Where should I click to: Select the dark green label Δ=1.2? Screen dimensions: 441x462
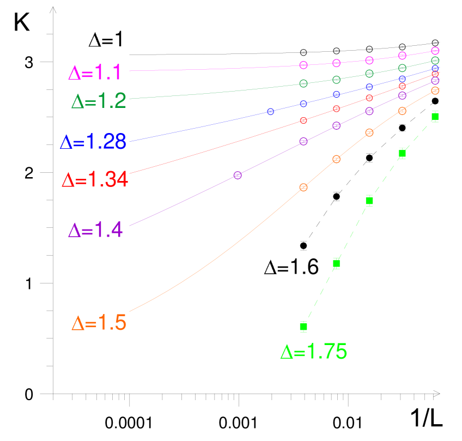click(x=99, y=101)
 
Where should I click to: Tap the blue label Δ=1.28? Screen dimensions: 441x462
click(x=93, y=142)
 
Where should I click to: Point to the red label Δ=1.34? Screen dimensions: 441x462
click(x=95, y=180)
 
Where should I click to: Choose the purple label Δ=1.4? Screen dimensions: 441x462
click(x=96, y=230)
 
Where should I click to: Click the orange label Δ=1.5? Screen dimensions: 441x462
click(x=99, y=324)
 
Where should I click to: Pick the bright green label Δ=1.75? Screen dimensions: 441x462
click(x=314, y=352)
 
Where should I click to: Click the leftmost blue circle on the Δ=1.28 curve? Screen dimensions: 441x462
click(x=271, y=112)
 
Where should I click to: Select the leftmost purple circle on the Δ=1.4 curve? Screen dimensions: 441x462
click(x=238, y=175)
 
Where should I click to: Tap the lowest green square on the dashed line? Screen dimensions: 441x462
click(x=303, y=327)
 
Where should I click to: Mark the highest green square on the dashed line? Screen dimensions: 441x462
click(x=435, y=116)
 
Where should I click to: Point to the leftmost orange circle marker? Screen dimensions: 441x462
click(x=303, y=188)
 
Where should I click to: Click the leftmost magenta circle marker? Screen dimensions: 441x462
click(x=303, y=65)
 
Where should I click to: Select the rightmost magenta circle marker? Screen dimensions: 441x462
click(x=435, y=51)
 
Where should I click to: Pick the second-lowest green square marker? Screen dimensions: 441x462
click(x=336, y=264)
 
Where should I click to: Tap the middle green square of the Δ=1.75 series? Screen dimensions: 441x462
click(x=369, y=201)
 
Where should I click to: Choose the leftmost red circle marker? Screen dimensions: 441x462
click(x=303, y=120)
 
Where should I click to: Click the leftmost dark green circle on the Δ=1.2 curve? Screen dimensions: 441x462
click(x=303, y=83)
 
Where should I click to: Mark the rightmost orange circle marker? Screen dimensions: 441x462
click(x=435, y=90)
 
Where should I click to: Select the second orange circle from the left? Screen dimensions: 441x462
click(x=336, y=159)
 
